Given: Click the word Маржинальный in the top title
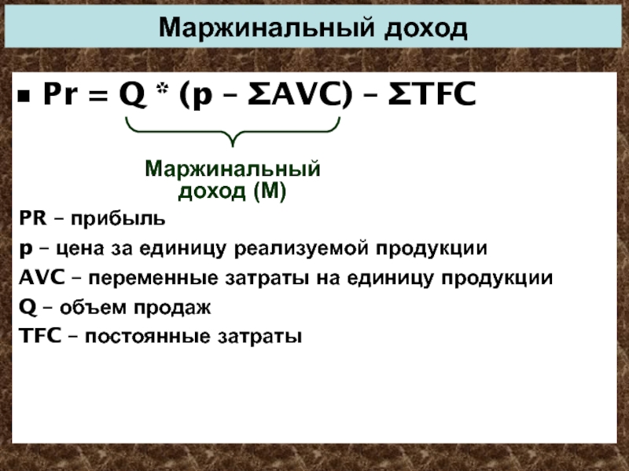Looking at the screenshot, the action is point(267,27).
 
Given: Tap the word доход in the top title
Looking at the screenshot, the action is point(425,29).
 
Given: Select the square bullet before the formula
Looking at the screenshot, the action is point(24,97).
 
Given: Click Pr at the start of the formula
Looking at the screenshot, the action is point(60,94).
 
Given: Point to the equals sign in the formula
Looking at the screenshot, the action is point(98,96).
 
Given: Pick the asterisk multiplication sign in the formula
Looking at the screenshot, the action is point(162,89).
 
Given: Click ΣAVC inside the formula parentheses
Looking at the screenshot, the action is point(294,94).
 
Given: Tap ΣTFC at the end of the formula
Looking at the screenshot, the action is point(432,94).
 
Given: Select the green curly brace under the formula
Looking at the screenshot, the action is point(233,131).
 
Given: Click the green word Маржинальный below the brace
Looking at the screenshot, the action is point(233,169).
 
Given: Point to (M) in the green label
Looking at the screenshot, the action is point(270,191).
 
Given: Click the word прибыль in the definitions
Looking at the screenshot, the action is point(118,219).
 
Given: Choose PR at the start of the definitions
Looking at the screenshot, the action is point(33,218).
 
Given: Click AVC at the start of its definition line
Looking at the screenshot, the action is point(42,278).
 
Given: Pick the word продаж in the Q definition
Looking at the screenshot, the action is point(172,308).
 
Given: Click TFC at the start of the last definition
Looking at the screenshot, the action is point(40,336).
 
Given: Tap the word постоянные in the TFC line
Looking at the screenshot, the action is point(148,337).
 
